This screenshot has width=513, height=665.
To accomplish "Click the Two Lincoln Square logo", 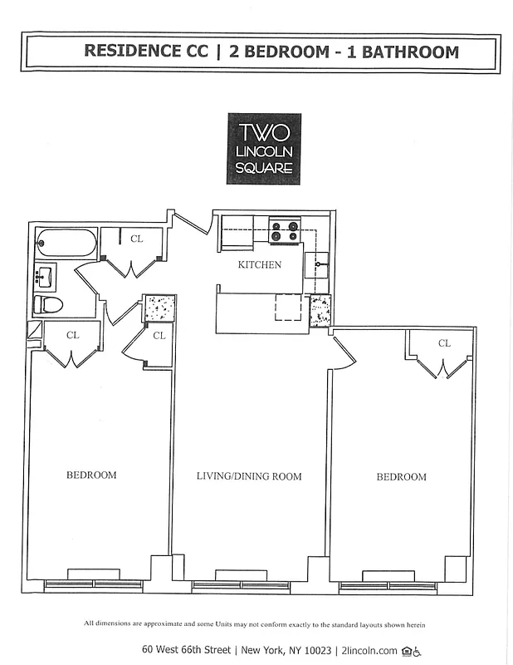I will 263,149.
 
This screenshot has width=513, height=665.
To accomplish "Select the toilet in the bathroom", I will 49,305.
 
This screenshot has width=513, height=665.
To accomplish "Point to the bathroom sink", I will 45,274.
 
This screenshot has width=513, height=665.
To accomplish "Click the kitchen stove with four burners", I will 284,230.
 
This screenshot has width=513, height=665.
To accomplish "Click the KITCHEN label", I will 260,265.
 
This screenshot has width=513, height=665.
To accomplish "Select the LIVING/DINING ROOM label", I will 249,476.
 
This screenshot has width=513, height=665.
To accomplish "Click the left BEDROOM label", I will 91,475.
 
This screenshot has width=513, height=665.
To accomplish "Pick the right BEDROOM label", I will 401,477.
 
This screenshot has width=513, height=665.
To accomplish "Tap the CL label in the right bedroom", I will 444,343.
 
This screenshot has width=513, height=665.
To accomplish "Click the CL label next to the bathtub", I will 136,239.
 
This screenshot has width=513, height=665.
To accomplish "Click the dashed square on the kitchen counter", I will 288,308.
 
